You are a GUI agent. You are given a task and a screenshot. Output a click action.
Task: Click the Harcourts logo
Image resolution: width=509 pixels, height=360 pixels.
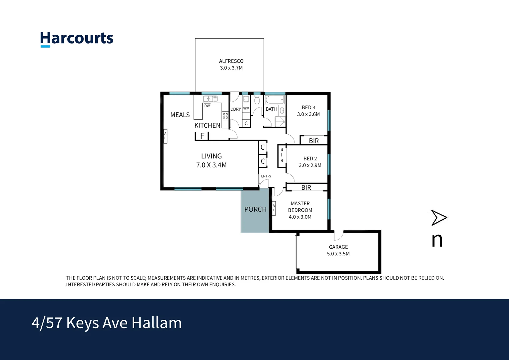click(x=77, y=39)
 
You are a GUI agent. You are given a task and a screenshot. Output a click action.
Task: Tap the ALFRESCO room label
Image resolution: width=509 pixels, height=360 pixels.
click(x=231, y=61)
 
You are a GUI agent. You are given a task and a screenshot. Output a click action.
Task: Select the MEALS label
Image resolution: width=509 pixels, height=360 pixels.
click(x=180, y=115)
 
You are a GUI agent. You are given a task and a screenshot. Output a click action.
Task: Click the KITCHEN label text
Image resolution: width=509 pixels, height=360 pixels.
click(x=207, y=126)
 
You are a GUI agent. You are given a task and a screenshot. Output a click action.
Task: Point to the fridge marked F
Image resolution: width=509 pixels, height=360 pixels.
click(x=202, y=136)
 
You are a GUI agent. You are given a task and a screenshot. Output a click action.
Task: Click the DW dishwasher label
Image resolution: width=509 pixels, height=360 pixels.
click(x=207, y=106)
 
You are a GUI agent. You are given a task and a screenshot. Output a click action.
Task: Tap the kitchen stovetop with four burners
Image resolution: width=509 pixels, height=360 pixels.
click(x=226, y=116)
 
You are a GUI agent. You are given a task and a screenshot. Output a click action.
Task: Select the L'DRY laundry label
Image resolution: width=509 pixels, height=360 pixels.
click(x=236, y=109)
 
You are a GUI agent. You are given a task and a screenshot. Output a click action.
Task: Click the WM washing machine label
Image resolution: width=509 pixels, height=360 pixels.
click(x=246, y=108)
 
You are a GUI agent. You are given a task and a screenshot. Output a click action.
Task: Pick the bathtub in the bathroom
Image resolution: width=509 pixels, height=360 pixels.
click(x=275, y=100)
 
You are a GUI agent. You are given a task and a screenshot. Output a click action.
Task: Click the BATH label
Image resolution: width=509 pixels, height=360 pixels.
click(x=271, y=109)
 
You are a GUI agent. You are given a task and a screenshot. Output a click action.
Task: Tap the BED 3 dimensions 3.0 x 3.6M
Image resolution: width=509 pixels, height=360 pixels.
click(x=308, y=114)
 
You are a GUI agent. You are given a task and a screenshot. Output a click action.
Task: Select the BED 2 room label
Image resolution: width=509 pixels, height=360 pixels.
click(x=310, y=159)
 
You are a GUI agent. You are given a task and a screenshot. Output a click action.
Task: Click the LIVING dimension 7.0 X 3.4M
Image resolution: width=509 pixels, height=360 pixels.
click(x=211, y=165)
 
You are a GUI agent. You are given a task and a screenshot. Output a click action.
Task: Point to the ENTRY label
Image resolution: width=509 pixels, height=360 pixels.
click(x=266, y=176)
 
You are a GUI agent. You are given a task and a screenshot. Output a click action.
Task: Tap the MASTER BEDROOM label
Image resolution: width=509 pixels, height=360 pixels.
click(x=300, y=207)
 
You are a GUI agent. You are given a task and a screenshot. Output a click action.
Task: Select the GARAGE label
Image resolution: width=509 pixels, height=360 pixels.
click(x=338, y=247)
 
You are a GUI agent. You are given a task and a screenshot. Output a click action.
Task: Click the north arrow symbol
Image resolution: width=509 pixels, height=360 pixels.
click(x=439, y=218)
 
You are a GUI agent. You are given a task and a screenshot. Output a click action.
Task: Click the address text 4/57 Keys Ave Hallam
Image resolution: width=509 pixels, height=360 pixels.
click(x=107, y=323)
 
